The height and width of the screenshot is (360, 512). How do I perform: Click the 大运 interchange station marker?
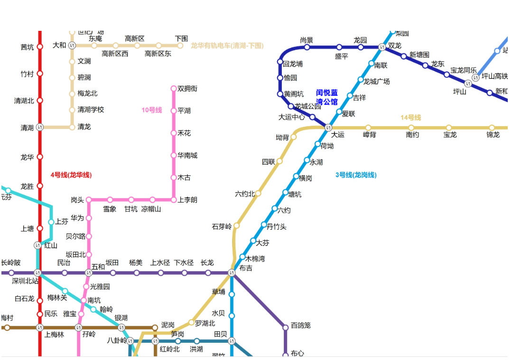tap(328, 127)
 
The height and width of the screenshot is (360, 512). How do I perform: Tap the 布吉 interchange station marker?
tap(232, 273)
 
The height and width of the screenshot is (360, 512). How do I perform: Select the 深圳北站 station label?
tap(25, 281)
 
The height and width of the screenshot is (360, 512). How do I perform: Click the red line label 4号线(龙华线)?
tap(71, 175)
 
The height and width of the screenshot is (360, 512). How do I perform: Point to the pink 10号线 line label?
tap(151, 110)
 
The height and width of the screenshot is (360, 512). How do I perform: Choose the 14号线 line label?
tap(410, 118)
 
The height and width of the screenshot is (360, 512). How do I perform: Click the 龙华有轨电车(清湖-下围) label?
tap(227, 46)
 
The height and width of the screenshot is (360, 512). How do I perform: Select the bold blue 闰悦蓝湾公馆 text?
tap(327, 97)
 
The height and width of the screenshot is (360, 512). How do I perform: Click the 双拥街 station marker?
tap(174, 89)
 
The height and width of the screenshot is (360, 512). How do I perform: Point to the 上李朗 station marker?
tap(174, 200)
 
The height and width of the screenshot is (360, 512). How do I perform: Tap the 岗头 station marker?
tap(89, 200)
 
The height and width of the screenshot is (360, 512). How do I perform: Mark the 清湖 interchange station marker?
tap(40, 127)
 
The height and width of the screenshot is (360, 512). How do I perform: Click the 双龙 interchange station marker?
tap(382, 46)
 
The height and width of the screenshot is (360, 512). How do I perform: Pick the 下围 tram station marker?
tap(180, 46)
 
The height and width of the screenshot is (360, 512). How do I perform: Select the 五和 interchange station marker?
tap(89, 273)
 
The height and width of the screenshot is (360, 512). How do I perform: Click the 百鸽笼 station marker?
tap(286, 327)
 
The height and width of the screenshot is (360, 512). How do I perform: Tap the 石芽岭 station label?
tap(222, 227)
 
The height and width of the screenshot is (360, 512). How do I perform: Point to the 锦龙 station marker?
tap(492, 128)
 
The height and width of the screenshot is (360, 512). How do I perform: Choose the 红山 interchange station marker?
tap(37, 245)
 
